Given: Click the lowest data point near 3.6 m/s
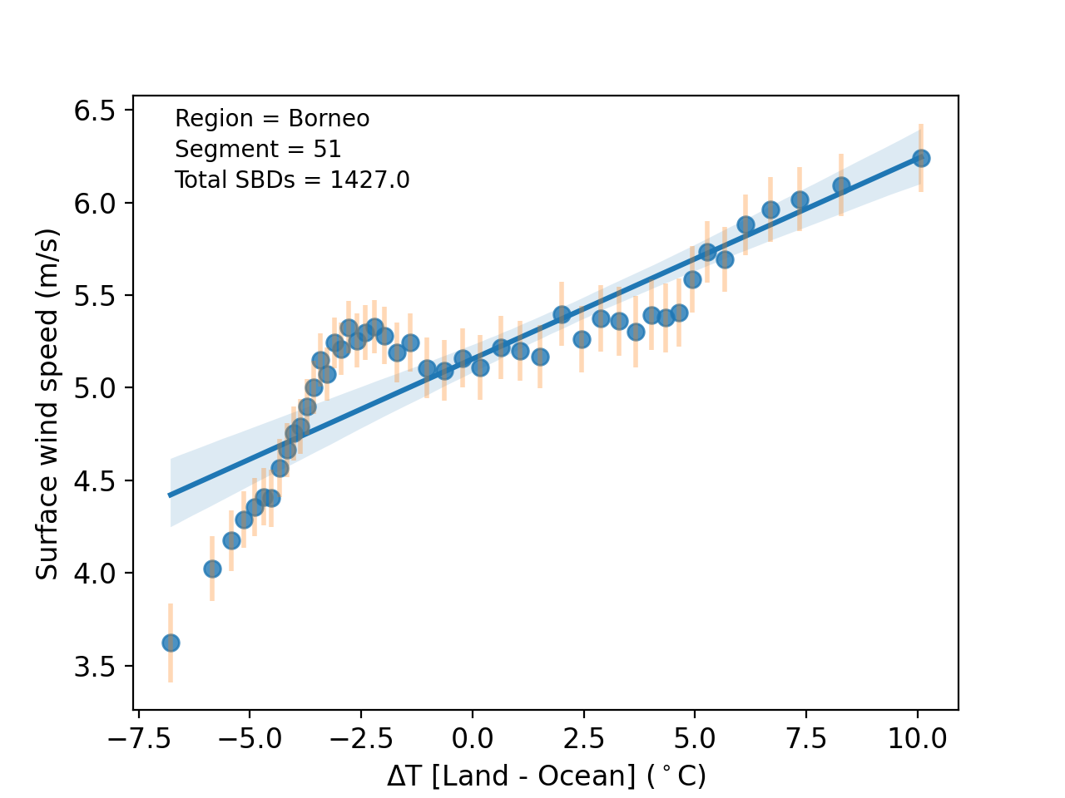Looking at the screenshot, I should (171, 643).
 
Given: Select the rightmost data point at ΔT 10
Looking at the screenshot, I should (921, 158).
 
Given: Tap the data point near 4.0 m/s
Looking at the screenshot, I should (212, 569).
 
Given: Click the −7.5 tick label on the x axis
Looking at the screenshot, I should (138, 738).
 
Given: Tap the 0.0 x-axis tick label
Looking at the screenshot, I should (472, 738).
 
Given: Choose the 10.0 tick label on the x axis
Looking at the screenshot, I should (917, 738).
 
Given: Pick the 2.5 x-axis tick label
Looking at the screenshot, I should (583, 738).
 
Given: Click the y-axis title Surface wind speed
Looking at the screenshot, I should (47, 404).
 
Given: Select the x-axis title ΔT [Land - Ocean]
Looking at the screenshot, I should (546, 776).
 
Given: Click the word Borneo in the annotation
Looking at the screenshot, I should (329, 119).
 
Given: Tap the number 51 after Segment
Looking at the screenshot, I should (327, 150).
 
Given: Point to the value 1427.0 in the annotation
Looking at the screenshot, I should (369, 180).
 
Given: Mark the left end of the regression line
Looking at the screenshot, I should (171, 495).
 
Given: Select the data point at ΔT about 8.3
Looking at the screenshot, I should (841, 185).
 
